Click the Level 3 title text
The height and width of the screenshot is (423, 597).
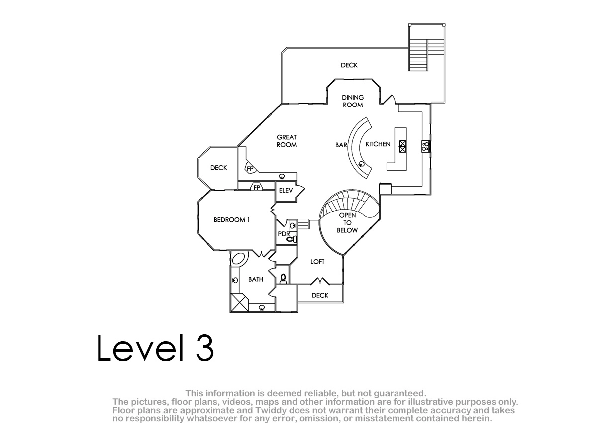click(155, 349)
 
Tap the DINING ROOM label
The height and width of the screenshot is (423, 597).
click(353, 102)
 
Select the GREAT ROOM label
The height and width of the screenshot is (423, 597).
click(287, 141)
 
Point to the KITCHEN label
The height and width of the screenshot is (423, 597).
click(378, 144)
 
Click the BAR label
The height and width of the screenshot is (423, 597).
click(341, 145)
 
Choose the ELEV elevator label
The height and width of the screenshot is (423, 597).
click(286, 190)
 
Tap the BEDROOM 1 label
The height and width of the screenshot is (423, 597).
click(232, 220)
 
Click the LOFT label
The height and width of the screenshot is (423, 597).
click(317, 262)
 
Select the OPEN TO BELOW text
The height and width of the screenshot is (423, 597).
click(347, 223)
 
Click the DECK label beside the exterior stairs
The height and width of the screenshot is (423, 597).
click(349, 65)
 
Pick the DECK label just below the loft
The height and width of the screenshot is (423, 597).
click(320, 295)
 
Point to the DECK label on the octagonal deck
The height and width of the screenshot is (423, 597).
click(219, 168)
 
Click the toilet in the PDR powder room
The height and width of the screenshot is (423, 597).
click(292, 239)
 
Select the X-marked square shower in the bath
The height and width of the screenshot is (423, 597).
click(240, 302)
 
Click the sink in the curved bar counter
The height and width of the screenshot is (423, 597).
click(362, 164)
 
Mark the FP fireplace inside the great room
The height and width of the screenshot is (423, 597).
click(250, 168)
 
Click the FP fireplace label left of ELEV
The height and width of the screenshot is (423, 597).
click(257, 188)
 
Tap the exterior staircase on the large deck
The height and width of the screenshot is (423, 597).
click(427, 55)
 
